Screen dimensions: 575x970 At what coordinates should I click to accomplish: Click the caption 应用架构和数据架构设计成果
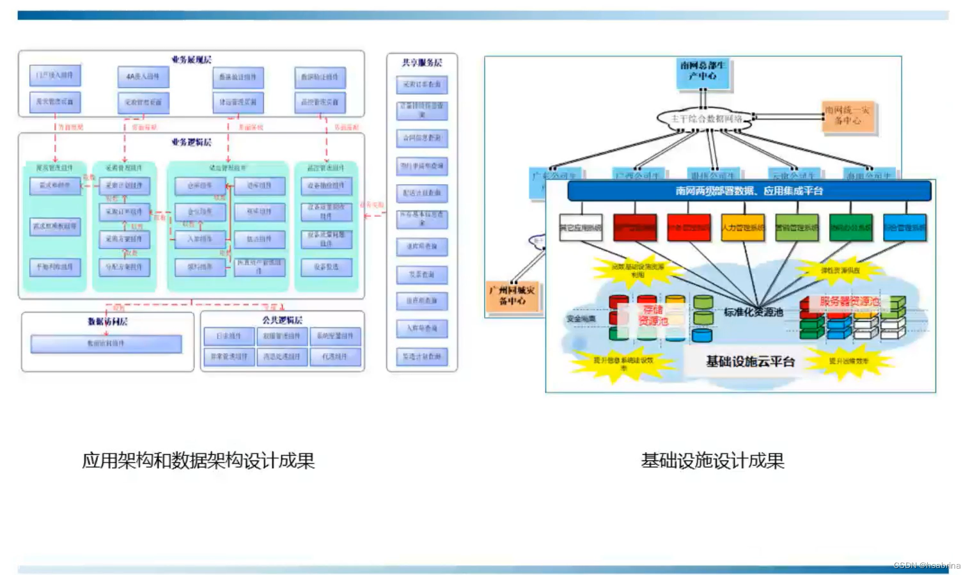pyautogui.click(x=198, y=461)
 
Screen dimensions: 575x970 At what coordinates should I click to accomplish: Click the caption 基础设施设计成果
pyautogui.click(x=712, y=461)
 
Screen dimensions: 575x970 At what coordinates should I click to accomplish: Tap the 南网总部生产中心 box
pyautogui.click(x=703, y=71)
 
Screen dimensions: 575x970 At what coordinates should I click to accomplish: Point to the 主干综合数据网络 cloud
pyautogui.click(x=706, y=119)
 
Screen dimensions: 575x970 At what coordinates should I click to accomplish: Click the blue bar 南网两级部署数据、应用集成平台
pyautogui.click(x=749, y=191)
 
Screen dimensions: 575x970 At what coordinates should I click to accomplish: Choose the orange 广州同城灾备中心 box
pyautogui.click(x=512, y=295)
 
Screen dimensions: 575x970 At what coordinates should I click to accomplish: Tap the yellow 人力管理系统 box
pyautogui.click(x=742, y=228)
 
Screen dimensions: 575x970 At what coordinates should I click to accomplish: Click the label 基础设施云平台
pyautogui.click(x=750, y=361)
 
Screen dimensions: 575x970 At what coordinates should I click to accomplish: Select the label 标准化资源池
pyautogui.click(x=753, y=312)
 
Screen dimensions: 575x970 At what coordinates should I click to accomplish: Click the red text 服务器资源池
pyautogui.click(x=850, y=301)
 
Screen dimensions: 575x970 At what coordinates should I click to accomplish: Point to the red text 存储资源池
pyautogui.click(x=653, y=315)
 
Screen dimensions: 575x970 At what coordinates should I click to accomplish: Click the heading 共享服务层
pyautogui.click(x=422, y=63)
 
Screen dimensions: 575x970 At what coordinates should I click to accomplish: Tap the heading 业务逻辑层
pyautogui.click(x=191, y=142)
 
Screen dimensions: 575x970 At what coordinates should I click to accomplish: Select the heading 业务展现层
pyautogui.click(x=191, y=59)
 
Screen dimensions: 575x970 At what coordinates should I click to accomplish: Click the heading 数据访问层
pyautogui.click(x=107, y=321)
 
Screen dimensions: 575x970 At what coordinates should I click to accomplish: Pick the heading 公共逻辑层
pyautogui.click(x=282, y=320)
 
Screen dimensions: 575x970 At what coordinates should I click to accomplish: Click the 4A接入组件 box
pyautogui.click(x=143, y=77)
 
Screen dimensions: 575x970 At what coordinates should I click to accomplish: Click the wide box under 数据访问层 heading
pyautogui.click(x=106, y=344)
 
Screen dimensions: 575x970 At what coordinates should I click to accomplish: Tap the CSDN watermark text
pyautogui.click(x=927, y=565)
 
